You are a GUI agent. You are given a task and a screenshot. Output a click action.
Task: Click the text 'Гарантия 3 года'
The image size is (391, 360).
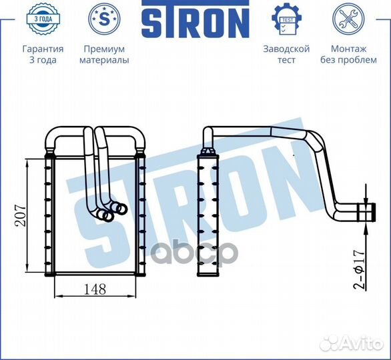coord(43,55)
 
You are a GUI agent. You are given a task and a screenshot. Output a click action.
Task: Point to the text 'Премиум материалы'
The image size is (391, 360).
coord(104,55)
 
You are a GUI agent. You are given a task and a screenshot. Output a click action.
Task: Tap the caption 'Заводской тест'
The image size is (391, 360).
coord(286,55)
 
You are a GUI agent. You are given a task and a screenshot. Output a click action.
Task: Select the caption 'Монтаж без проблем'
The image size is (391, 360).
coord(348,55)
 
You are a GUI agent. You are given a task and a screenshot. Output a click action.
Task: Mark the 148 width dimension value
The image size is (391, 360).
coord(94,291)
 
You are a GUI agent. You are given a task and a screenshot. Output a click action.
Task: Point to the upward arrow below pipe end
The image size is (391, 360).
coord(366,233)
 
